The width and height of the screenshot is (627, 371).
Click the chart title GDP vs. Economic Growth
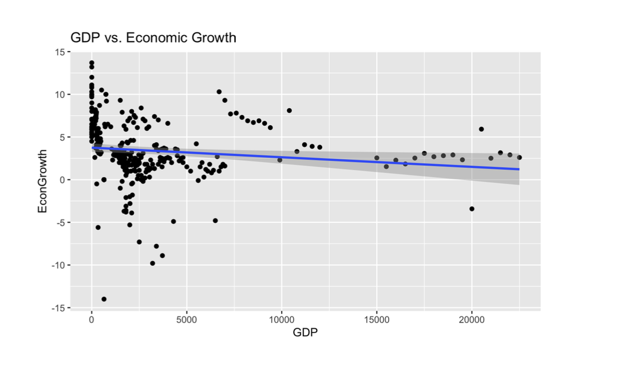[154, 38]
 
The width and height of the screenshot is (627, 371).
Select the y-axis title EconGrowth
[43, 180]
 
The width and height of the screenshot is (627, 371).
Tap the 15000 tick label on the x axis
[376, 321]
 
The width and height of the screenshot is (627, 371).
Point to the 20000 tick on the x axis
[471, 321]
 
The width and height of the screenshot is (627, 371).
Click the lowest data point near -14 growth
[104, 299]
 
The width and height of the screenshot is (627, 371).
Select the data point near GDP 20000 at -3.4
[472, 208]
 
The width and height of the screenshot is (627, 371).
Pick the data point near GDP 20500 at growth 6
[481, 129]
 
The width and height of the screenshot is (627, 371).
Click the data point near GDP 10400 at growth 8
[290, 110]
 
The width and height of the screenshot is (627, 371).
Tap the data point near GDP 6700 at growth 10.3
[219, 92]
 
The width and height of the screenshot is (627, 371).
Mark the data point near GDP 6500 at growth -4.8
[215, 221]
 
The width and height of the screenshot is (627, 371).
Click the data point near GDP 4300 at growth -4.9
[173, 221]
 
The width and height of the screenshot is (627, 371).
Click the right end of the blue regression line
[519, 170]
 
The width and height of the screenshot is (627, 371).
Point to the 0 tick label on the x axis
[92, 321]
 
